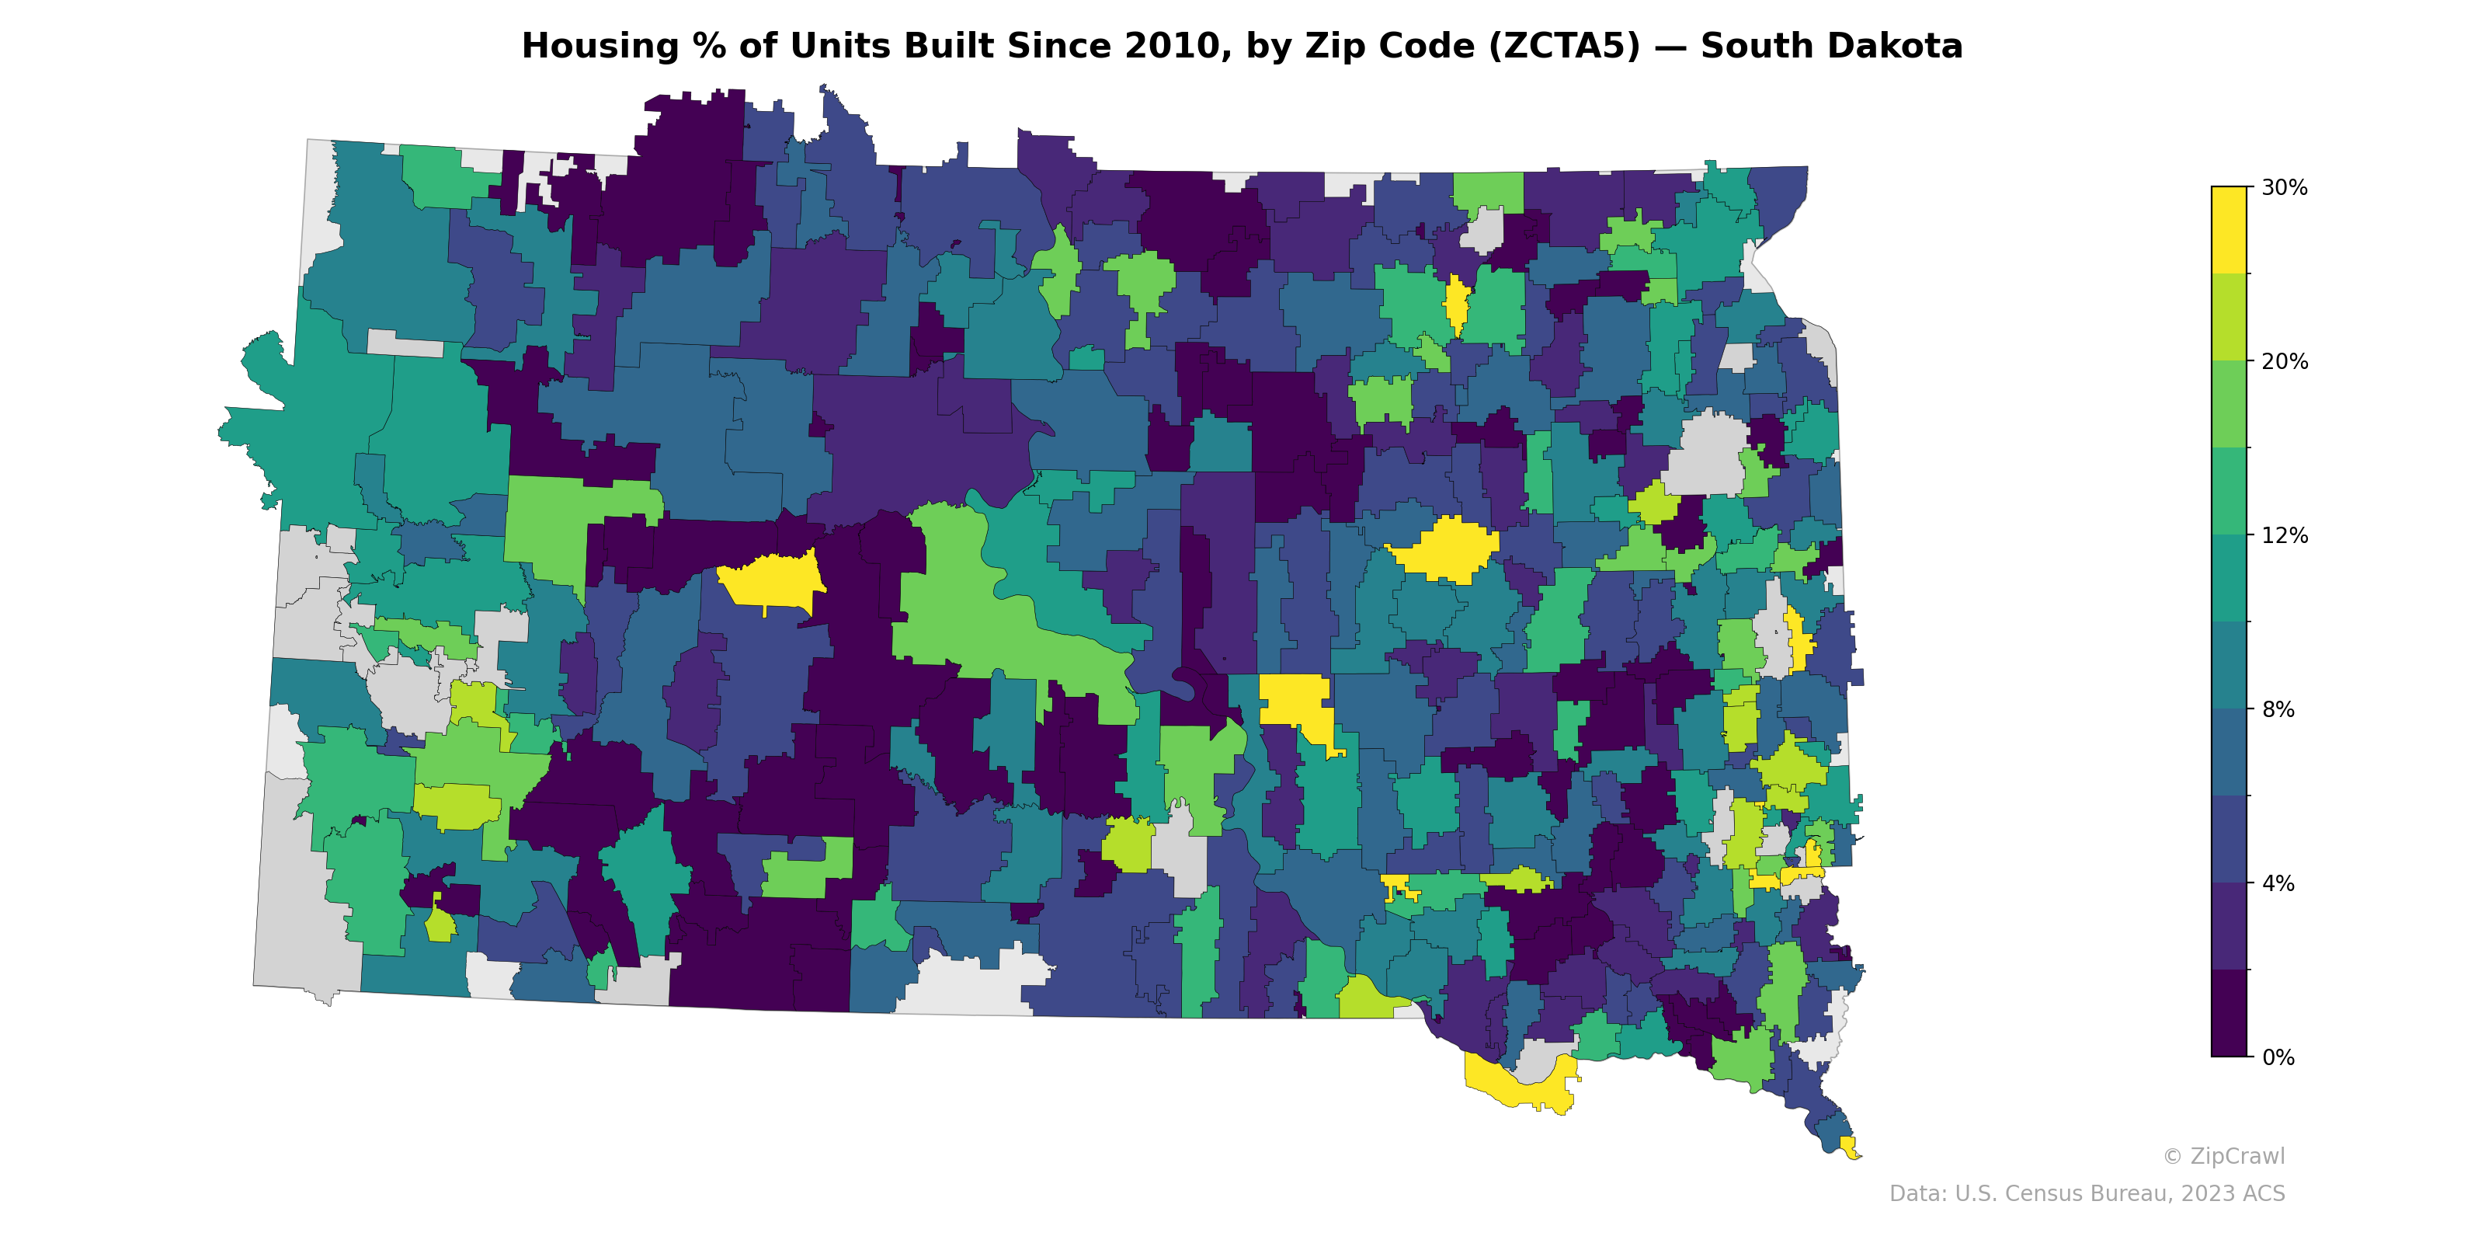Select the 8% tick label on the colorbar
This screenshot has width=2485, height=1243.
(x=2278, y=709)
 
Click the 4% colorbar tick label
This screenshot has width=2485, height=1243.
(x=2278, y=883)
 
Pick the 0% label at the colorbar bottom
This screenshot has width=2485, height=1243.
(x=2278, y=1057)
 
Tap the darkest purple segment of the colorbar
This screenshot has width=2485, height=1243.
(x=2229, y=1013)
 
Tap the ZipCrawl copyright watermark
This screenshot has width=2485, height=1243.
(x=2223, y=1156)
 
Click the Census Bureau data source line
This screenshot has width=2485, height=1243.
(x=2087, y=1194)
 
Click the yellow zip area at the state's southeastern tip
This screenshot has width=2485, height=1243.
(x=1848, y=1147)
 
